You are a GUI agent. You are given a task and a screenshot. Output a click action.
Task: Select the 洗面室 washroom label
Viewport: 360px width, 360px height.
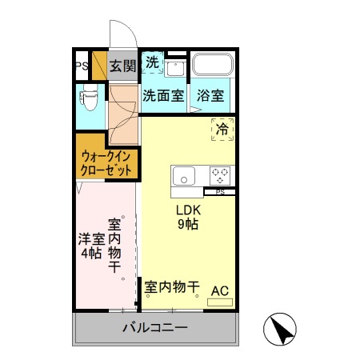coord(163,95)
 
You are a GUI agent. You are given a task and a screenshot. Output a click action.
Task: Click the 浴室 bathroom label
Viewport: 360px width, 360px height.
coord(212,95)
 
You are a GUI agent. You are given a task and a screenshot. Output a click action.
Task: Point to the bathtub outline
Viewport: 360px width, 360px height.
coord(212,65)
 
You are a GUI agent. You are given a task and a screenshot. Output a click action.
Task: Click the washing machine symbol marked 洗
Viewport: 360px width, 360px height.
coord(152,62)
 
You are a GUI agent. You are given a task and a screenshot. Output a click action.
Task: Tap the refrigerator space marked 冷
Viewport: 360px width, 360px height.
coord(222,129)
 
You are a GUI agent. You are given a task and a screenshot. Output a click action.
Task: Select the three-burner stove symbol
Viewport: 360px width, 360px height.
coord(220,175)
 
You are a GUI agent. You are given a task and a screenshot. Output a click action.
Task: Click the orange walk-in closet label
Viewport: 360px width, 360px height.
coord(106,163)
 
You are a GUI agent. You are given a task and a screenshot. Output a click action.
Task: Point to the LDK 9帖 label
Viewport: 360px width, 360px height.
coord(188,217)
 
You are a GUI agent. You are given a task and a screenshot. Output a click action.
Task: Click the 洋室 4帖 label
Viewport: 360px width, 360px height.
coord(90,246)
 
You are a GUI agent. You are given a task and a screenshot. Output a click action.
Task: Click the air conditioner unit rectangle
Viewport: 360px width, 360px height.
coord(219,302)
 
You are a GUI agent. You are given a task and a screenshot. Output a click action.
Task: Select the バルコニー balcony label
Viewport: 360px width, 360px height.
coord(155,327)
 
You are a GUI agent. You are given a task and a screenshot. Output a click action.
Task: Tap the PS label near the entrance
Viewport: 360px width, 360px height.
coord(82,66)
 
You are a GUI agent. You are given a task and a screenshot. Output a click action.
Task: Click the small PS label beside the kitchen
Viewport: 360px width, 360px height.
coord(219,192)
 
